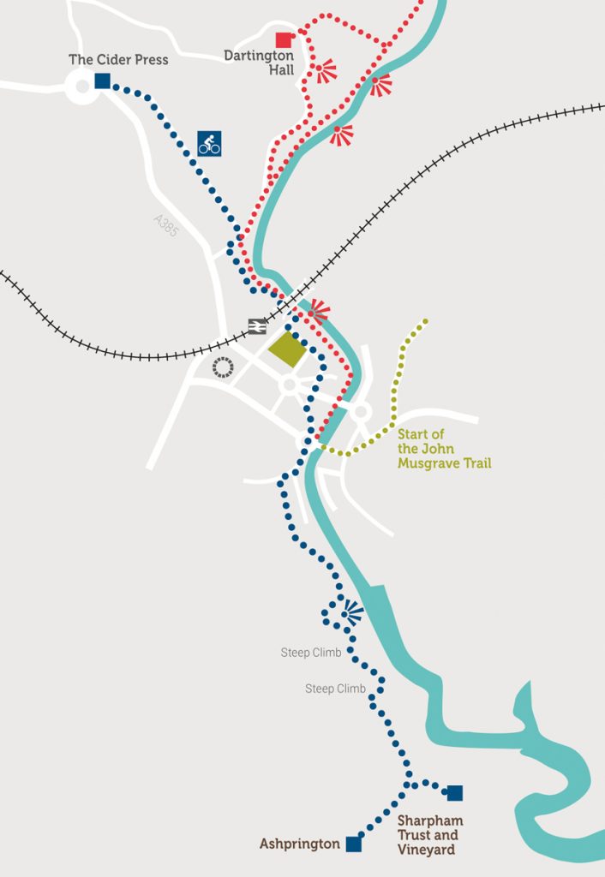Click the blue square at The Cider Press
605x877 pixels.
[x=102, y=81]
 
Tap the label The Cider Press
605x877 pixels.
[x=118, y=60]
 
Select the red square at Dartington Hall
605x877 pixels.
[x=283, y=39]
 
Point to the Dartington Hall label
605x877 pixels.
[x=259, y=63]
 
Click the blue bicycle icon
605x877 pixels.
[x=209, y=143]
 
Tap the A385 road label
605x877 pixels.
[x=165, y=225]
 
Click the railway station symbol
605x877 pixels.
[x=256, y=325]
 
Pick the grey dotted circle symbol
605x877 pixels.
[x=223, y=367]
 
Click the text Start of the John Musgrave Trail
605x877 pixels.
[x=444, y=449]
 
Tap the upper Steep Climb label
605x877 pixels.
[x=311, y=653]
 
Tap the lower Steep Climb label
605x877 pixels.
[x=335, y=689]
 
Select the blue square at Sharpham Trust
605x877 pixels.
[x=454, y=793]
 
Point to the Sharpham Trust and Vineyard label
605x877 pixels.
[x=428, y=835]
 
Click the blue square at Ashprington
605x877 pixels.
[x=353, y=844]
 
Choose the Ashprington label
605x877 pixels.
[x=300, y=844]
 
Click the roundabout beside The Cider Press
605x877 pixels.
[x=82, y=87]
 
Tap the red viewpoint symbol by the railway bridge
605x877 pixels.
[x=319, y=311]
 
